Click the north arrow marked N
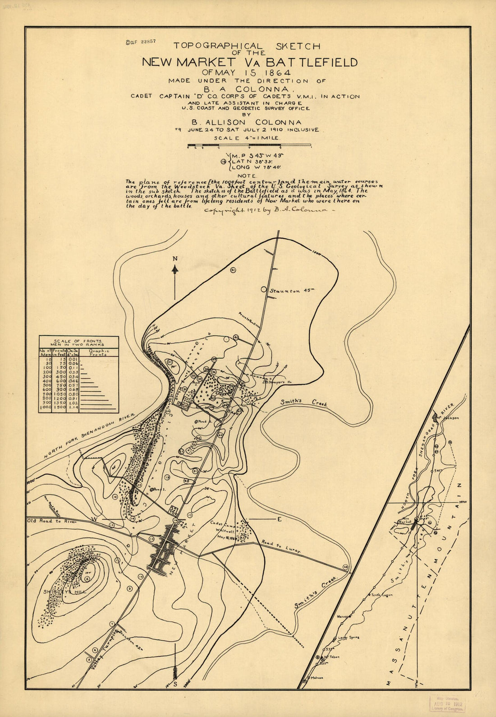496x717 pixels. click(175, 270)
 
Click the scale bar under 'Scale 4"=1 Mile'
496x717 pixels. click(249, 145)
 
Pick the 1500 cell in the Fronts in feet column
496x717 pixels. click(59, 407)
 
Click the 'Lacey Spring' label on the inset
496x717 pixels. click(349, 638)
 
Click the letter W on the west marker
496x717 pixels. click(95, 519)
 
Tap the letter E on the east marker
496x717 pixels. click(279, 519)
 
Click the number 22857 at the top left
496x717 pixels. click(148, 41)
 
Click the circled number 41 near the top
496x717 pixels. click(233, 270)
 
